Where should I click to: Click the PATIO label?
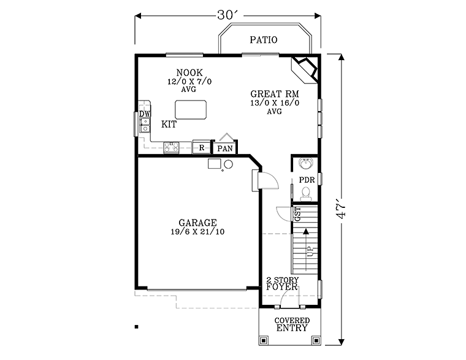264,40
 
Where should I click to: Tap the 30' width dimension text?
227,15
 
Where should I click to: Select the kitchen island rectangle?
191,110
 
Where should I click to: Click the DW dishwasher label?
145,114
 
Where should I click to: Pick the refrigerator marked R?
202,147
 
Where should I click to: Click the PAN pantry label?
225,148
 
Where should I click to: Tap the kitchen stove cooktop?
172,147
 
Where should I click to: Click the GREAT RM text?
275,94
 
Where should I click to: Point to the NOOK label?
189,72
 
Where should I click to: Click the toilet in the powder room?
305,193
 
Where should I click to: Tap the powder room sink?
306,163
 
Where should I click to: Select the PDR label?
307,180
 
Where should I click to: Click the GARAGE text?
197,223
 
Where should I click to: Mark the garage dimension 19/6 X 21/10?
197,232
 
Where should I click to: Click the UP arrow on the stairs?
305,250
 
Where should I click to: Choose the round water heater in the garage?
228,164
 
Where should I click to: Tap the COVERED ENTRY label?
292,324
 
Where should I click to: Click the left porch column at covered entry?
264,340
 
